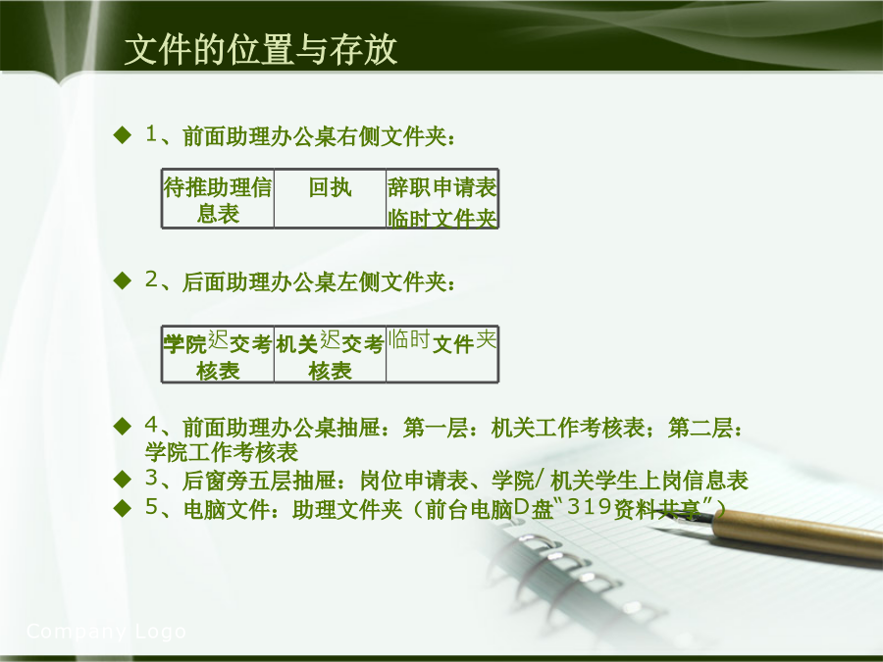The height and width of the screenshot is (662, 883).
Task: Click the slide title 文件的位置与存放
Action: coord(261,50)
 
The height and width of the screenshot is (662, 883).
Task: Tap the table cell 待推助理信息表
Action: coord(218,199)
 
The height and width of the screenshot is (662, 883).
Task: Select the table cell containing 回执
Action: coord(330,199)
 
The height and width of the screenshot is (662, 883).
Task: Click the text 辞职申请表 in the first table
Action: coord(442,187)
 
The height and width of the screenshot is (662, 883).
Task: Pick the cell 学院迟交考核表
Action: coord(218,355)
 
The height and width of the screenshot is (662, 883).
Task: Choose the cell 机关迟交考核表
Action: coord(330,355)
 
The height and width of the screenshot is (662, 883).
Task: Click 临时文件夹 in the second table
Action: coord(442,341)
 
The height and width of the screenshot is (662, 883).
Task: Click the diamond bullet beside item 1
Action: coord(123,135)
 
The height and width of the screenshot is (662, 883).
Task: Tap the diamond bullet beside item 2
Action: coord(123,280)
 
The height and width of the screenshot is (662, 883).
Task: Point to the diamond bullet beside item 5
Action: coord(123,508)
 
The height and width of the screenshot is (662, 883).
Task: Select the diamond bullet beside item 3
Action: coord(123,479)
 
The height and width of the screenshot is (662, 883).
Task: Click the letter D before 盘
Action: coord(522,507)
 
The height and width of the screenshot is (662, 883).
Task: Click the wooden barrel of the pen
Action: coord(800,534)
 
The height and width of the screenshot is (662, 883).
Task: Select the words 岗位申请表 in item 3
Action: coord(414,481)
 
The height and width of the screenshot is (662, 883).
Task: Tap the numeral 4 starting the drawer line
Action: coord(151,425)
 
